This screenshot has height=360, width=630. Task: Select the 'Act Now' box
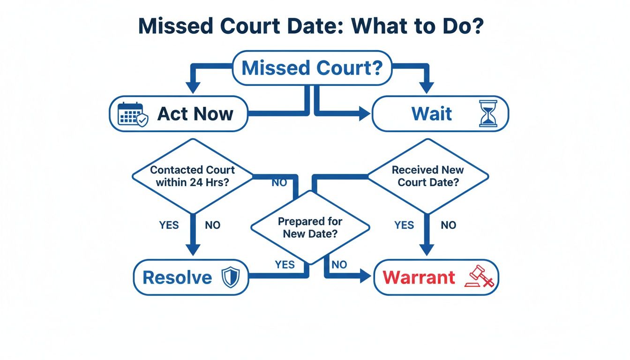(x=179, y=113)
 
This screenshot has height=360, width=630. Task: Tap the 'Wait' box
(x=440, y=113)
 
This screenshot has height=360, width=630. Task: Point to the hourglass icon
(x=488, y=114)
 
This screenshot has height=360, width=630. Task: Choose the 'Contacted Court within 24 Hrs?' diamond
(x=192, y=176)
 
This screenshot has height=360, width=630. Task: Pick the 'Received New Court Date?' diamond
(x=427, y=176)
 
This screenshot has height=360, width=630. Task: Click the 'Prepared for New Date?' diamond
(x=310, y=227)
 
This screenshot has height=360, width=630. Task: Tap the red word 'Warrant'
(x=419, y=277)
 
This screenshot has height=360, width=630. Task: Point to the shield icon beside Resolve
(x=230, y=277)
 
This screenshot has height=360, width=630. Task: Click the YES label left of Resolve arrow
(x=169, y=225)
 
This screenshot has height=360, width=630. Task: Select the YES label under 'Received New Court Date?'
(x=404, y=225)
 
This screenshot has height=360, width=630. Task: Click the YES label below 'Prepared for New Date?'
(x=285, y=265)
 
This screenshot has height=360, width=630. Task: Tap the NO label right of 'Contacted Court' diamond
(x=279, y=183)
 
